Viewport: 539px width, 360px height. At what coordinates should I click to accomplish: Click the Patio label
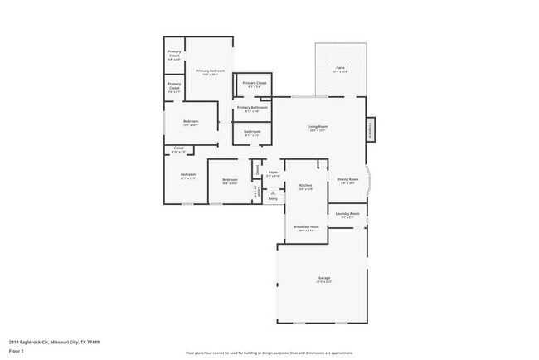click(340, 68)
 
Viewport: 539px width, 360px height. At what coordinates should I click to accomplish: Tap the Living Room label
click(318, 126)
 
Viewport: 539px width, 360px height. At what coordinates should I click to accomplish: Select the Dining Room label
click(347, 179)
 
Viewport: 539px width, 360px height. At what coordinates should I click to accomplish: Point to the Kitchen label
click(305, 185)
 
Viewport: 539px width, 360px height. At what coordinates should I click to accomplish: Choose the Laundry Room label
click(347, 214)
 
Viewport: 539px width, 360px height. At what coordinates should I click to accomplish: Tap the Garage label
click(323, 279)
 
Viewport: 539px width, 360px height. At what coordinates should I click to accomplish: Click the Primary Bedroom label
click(210, 71)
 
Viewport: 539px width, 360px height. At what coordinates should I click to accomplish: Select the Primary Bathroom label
click(252, 107)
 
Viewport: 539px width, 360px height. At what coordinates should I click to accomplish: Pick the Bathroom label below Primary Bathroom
click(252, 132)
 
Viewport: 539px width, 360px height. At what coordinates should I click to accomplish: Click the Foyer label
click(273, 173)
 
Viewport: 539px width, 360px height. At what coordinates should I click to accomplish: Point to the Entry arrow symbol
click(272, 192)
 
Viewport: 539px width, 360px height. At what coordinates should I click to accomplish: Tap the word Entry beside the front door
click(272, 198)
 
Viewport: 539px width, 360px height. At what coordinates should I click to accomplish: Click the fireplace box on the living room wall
click(371, 129)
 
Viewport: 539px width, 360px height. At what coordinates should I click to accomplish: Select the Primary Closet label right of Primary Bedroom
click(255, 83)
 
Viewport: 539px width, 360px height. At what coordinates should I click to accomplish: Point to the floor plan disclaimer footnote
click(269, 353)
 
